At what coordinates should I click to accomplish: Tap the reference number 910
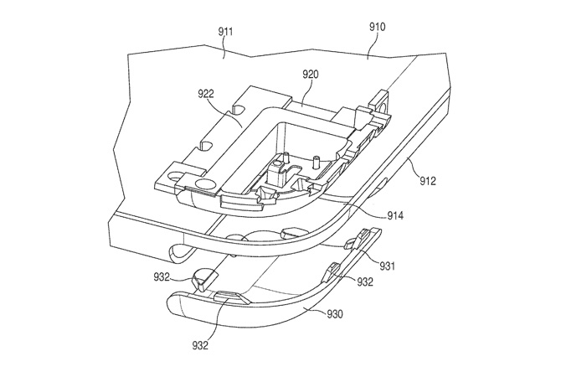(x=377, y=28)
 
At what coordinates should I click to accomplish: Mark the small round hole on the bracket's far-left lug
(x=177, y=177)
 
